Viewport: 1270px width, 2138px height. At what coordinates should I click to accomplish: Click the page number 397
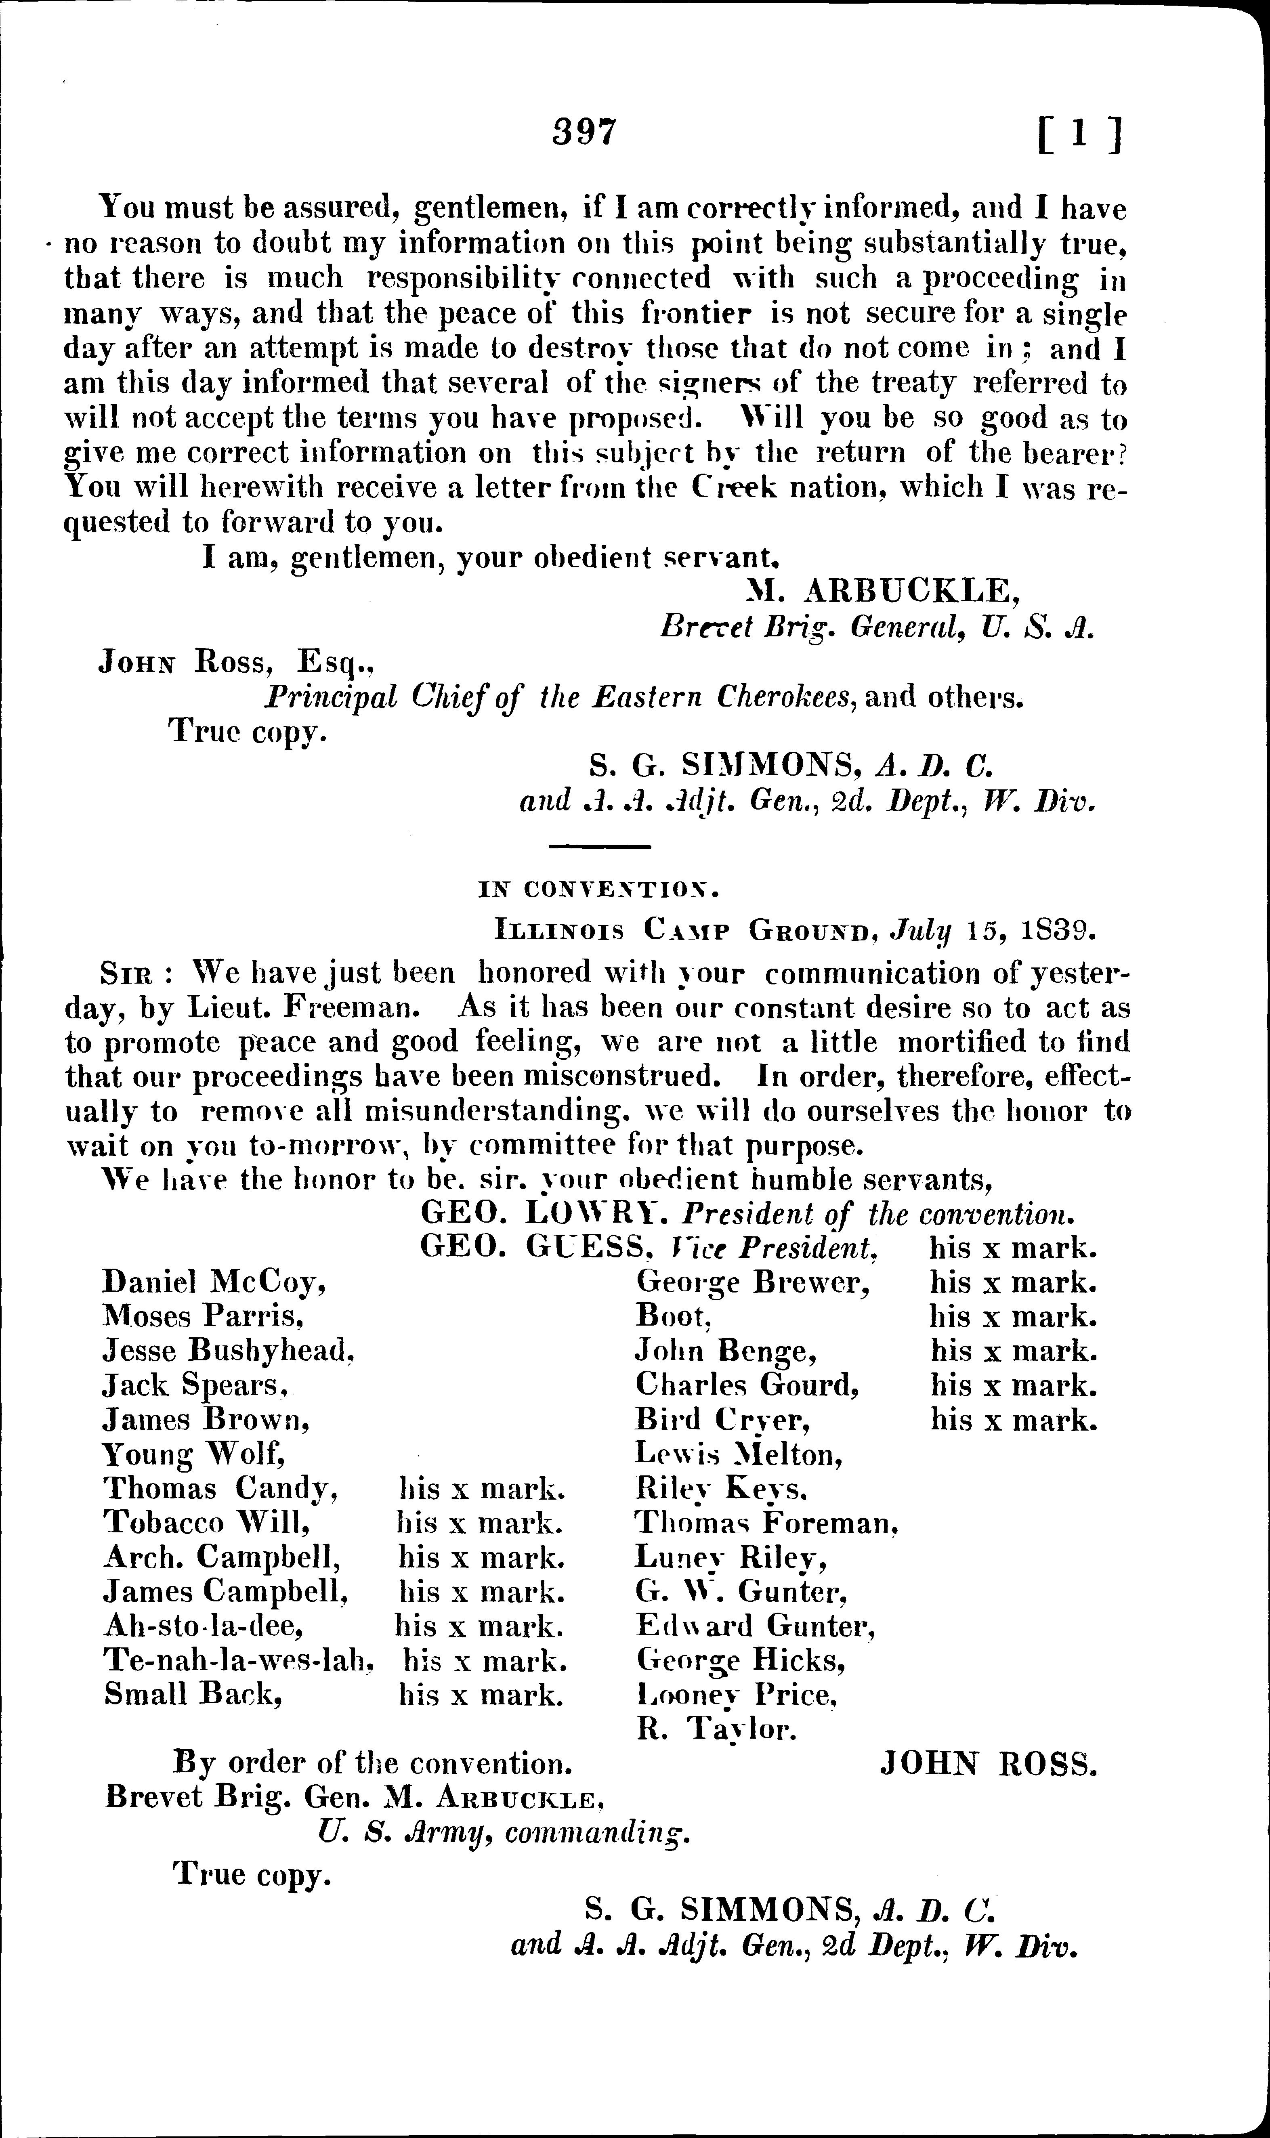click(584, 132)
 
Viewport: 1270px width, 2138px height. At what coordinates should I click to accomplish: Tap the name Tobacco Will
click(206, 1523)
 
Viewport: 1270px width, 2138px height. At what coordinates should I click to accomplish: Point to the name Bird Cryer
click(723, 1419)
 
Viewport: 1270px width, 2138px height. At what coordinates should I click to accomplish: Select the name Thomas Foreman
click(766, 1523)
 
